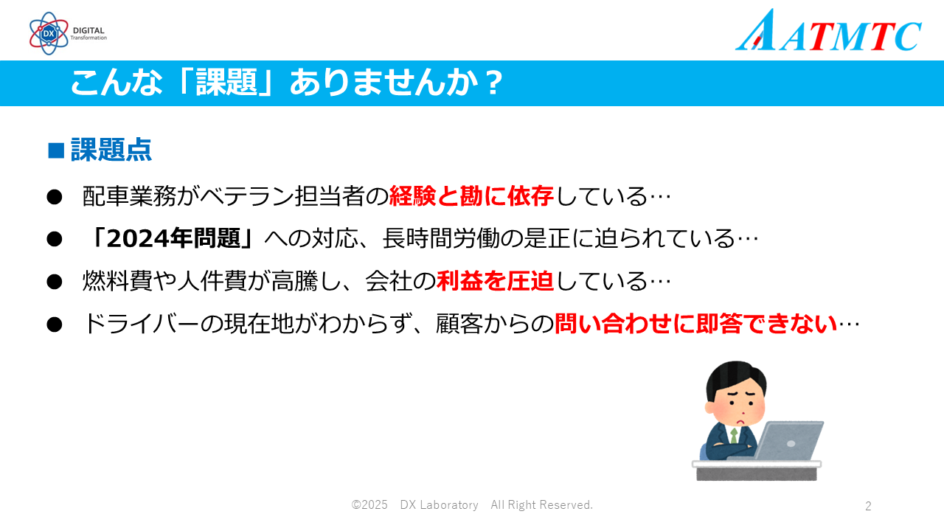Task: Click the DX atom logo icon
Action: [49, 33]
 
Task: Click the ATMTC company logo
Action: [828, 30]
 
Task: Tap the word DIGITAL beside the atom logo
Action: [88, 30]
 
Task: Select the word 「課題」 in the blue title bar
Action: [226, 82]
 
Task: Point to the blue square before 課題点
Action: [56, 150]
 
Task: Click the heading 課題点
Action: [111, 150]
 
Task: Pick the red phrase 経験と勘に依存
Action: [471, 196]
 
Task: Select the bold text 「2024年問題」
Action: [173, 238]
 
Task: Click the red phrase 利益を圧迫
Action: [495, 281]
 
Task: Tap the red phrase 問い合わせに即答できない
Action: [695, 324]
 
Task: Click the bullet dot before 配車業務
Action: [55, 197]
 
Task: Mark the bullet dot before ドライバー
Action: [55, 325]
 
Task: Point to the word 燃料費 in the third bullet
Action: [117, 281]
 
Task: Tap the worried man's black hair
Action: [736, 378]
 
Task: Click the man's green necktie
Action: [734, 436]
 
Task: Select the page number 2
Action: [868, 506]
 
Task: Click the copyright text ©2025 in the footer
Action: [369, 505]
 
